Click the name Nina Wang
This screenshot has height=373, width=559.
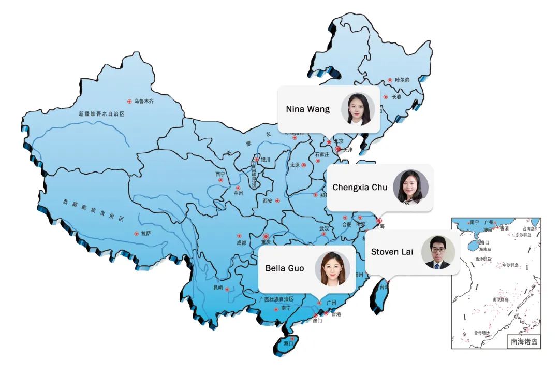pos(307,109)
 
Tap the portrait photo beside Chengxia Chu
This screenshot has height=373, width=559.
pos(410,187)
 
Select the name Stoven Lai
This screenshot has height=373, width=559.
pos(392,252)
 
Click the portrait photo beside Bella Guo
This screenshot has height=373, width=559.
pos(333,268)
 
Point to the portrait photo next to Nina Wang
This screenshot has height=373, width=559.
pos(358,109)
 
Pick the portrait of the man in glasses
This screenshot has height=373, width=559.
pos(438,252)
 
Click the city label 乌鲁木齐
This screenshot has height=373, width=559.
pos(144,102)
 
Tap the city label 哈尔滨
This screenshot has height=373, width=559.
pos(402,80)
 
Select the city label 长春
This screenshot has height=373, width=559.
pos(396,97)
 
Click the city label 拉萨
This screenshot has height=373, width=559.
pos(146,234)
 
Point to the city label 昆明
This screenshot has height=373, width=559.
pos(218,288)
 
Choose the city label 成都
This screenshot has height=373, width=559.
pos(242,242)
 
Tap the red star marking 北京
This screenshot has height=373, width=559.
pos(329,142)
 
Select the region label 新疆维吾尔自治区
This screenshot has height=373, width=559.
pos(102,114)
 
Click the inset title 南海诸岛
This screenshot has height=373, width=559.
pos(524,342)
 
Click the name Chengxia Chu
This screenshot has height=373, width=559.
pos(359,188)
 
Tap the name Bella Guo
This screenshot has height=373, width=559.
pos(284,268)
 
